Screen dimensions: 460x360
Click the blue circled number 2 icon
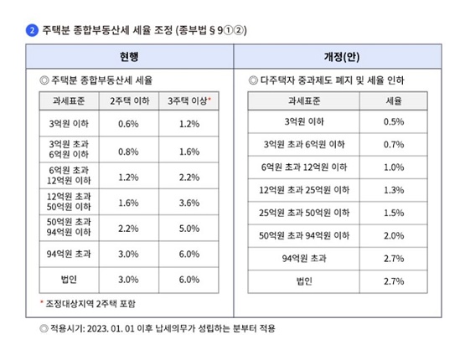32,30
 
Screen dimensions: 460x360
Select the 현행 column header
129,57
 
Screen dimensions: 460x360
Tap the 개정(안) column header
342,57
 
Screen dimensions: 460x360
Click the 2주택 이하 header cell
130,101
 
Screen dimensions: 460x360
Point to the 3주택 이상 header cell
189,101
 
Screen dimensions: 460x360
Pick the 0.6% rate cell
128,124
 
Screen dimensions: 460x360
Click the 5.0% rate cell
189,229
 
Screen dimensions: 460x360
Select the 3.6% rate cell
189,203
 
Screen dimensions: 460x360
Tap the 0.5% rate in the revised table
394,121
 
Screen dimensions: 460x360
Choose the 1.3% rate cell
394,190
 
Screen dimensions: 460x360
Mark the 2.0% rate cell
394,236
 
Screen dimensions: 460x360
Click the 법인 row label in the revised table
304,281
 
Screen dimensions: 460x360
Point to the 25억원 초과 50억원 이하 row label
304,213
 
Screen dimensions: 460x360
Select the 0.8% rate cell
128,152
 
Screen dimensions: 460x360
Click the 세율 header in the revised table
394,101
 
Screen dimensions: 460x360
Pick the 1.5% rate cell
394,213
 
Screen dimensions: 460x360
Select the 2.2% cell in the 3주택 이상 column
189,177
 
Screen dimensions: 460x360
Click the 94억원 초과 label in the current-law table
69,254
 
